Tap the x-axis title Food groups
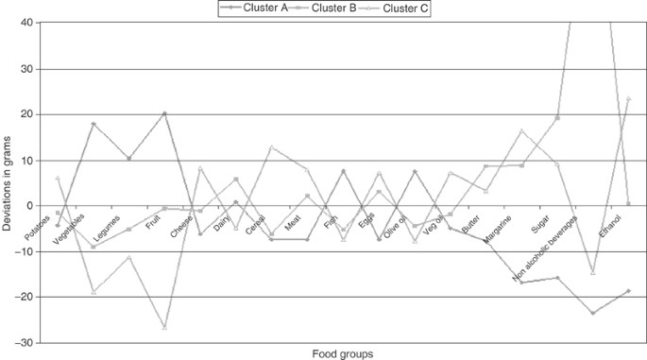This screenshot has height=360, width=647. click(x=342, y=353)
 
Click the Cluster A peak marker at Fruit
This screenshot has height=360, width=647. click(x=164, y=113)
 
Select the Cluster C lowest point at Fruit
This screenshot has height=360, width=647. click(x=164, y=327)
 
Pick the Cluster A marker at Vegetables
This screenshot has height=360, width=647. click(x=94, y=124)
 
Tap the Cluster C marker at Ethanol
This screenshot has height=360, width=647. click(x=628, y=99)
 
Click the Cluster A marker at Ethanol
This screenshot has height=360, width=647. click(x=628, y=291)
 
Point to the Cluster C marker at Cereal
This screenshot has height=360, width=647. click(x=272, y=147)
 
